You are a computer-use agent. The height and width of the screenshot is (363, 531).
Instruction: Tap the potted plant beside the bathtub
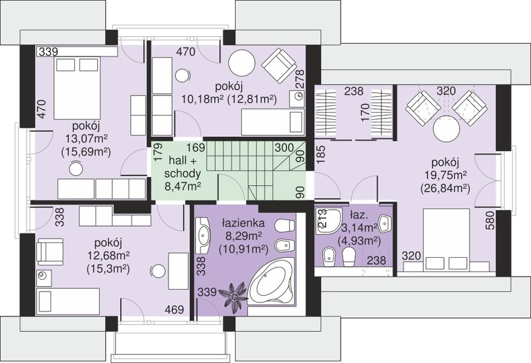[x=234, y=295]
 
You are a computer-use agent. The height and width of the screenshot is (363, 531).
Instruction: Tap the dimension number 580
[x=490, y=221]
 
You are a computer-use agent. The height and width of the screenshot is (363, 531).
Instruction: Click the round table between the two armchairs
[x=446, y=130]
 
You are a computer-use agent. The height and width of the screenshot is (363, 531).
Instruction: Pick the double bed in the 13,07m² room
[x=77, y=88]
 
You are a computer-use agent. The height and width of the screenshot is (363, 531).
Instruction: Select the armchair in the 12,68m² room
[x=50, y=252]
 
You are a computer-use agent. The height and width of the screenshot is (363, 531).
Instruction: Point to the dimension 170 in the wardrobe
[x=364, y=113]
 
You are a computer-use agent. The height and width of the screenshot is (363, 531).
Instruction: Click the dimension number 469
[x=175, y=309]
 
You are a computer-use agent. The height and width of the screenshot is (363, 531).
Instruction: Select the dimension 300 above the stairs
[x=284, y=148]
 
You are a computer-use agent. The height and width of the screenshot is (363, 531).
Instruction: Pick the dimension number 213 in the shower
[x=321, y=218]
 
